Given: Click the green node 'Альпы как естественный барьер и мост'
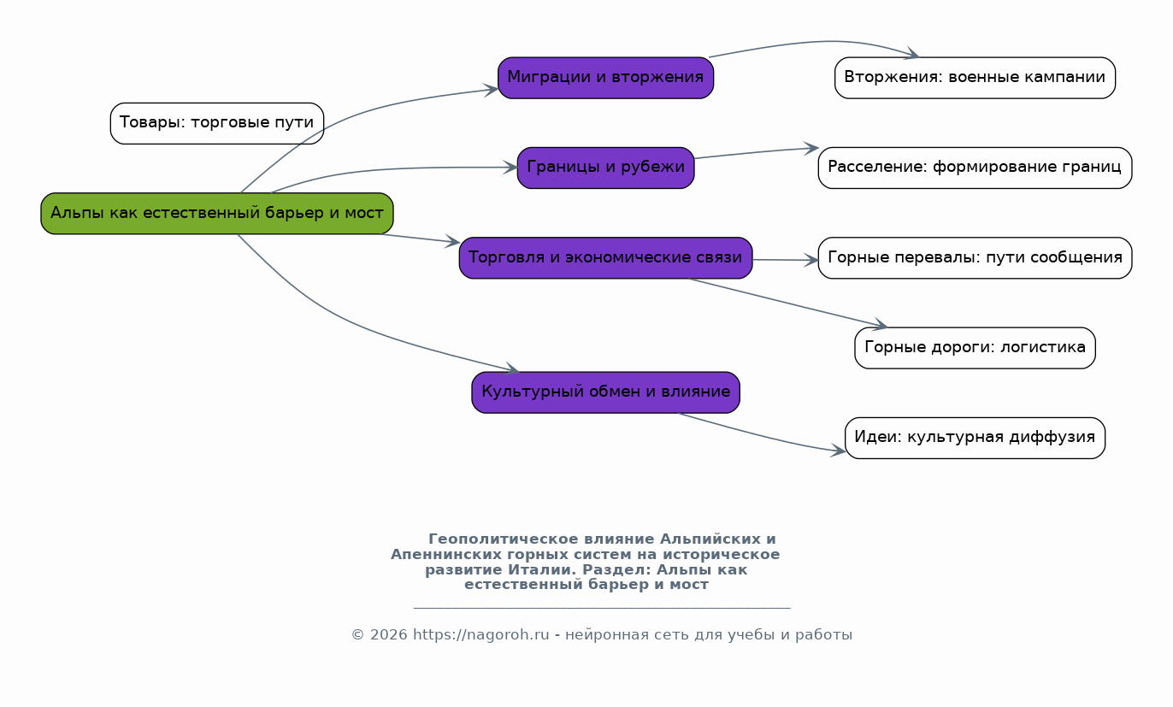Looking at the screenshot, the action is pyautogui.click(x=217, y=213).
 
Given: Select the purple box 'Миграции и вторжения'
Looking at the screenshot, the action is pyautogui.click(x=605, y=78).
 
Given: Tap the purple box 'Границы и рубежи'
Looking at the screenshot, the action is pyautogui.click(x=605, y=168).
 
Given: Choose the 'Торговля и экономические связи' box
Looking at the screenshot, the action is pyautogui.click(x=605, y=257).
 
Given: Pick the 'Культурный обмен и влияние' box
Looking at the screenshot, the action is pyautogui.click(x=605, y=392).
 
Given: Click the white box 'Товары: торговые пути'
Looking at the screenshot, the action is pyautogui.click(x=217, y=123).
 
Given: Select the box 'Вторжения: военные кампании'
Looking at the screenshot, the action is pyautogui.click(x=975, y=78).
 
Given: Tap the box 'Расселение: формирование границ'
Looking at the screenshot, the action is pyautogui.click(x=975, y=168).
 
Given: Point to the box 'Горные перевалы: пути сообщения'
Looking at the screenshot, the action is pyautogui.click(x=975, y=257).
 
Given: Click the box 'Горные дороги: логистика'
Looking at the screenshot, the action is pyautogui.click(x=975, y=348).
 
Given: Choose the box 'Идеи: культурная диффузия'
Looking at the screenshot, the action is pyautogui.click(x=975, y=438).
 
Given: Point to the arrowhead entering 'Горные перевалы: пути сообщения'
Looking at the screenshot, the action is pyautogui.click(x=812, y=260).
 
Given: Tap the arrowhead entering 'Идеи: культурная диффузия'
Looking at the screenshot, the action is pyautogui.click(x=839, y=450).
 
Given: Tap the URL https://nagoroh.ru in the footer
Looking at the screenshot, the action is pyautogui.click(x=480, y=634).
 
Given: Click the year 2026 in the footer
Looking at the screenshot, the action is pyautogui.click(x=388, y=634).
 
